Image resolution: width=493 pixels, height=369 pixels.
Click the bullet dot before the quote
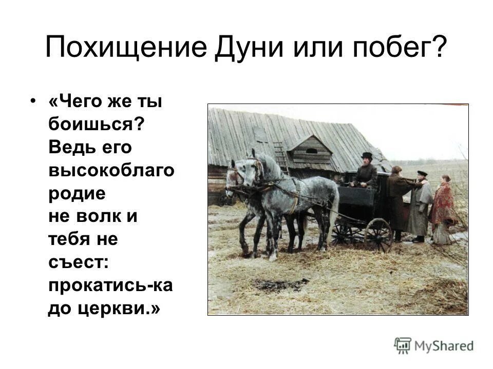coord(34,101)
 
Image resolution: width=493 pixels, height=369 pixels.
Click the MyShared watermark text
coord(444,345)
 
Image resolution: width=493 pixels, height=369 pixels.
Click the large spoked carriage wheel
coord(378,235)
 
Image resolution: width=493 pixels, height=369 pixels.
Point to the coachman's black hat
coord(366,155)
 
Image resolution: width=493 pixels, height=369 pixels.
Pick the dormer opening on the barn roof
coord(311,151)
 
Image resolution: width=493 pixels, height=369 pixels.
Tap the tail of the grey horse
coord(335,210)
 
